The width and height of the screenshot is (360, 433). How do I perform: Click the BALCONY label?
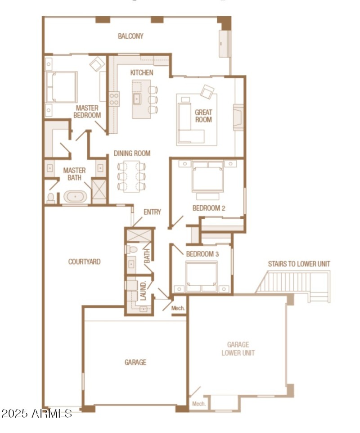130,36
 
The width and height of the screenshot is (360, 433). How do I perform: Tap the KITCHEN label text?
142,72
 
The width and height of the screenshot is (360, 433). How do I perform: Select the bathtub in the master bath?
75,197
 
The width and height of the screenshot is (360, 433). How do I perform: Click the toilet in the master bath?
51,198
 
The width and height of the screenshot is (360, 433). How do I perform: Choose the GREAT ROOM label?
203,116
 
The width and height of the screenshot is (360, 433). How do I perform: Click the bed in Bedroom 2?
207,178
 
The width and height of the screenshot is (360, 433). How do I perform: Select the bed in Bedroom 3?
202,275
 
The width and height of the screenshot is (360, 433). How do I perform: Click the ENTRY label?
152,212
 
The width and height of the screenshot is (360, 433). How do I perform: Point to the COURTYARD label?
84,262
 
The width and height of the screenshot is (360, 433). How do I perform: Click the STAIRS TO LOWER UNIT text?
299,264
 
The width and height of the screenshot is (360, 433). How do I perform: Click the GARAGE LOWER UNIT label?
238,349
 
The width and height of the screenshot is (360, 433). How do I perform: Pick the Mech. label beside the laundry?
178,308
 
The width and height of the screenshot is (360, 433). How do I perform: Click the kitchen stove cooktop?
114,99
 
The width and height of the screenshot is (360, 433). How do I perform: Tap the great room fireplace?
238,117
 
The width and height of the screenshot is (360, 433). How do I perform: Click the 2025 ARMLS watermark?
36,413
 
